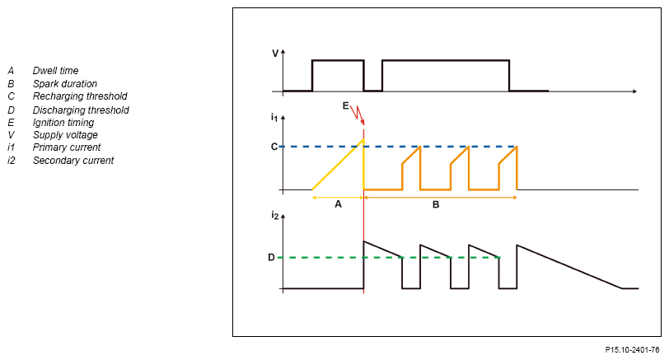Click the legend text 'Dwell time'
[x=55, y=71]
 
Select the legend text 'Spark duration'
[x=64, y=84]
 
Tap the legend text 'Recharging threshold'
[x=79, y=96]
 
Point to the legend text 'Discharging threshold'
[x=81, y=110]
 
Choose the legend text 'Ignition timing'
[x=63, y=122]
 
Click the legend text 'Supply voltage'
[x=65, y=135]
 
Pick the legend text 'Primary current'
[x=66, y=147]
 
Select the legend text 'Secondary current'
[x=73, y=161]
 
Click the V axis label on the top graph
[x=275, y=54]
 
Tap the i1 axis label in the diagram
[x=274, y=118]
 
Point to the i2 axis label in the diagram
[x=274, y=216]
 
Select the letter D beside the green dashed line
[x=271, y=257]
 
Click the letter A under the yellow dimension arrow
[x=338, y=205]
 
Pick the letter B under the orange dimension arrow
[x=436, y=205]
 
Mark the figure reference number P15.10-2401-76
[x=632, y=350]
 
